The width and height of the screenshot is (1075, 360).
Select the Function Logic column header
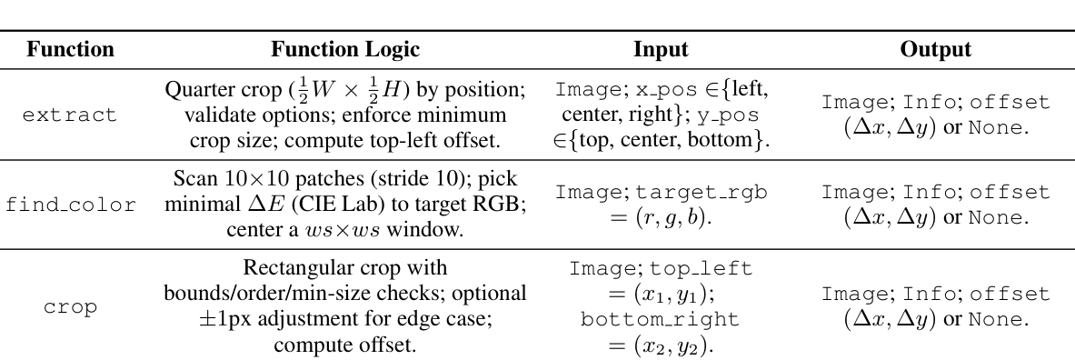coord(345,50)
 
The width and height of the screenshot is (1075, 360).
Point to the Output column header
coord(935,50)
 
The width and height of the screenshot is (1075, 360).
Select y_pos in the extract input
coord(731,115)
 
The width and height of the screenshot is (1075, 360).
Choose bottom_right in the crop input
coord(660,320)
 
